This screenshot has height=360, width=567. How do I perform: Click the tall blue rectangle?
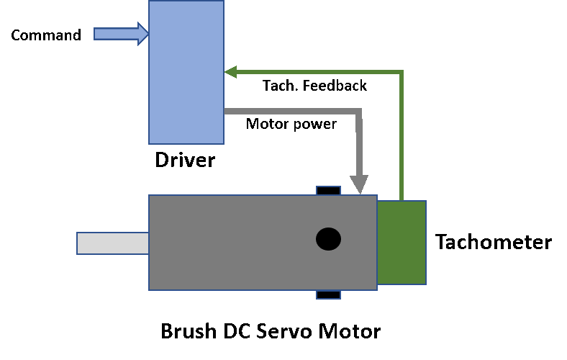point(186,72)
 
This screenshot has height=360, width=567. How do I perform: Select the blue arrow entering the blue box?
point(119,34)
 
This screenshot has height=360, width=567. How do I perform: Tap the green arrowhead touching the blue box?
point(230,72)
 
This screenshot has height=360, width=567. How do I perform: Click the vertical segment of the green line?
point(402,137)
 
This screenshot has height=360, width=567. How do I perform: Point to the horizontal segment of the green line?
point(317,72)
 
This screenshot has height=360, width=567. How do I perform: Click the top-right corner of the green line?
point(401,72)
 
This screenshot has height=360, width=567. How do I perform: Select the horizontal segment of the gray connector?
point(288,111)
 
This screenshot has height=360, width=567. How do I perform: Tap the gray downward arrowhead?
point(359,184)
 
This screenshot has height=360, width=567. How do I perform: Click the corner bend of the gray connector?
point(358,112)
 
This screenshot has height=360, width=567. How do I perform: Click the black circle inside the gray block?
point(328,239)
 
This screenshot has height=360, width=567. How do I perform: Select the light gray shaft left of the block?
point(113,243)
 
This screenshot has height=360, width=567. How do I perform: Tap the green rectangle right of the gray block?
point(402,243)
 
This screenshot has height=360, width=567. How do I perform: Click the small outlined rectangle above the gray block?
point(328,191)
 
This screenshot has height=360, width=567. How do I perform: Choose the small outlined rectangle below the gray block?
point(328,294)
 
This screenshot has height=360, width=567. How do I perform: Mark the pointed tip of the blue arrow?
point(147,34)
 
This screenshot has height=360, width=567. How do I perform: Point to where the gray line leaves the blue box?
point(226,111)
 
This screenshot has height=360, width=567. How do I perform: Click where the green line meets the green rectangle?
point(402,200)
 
